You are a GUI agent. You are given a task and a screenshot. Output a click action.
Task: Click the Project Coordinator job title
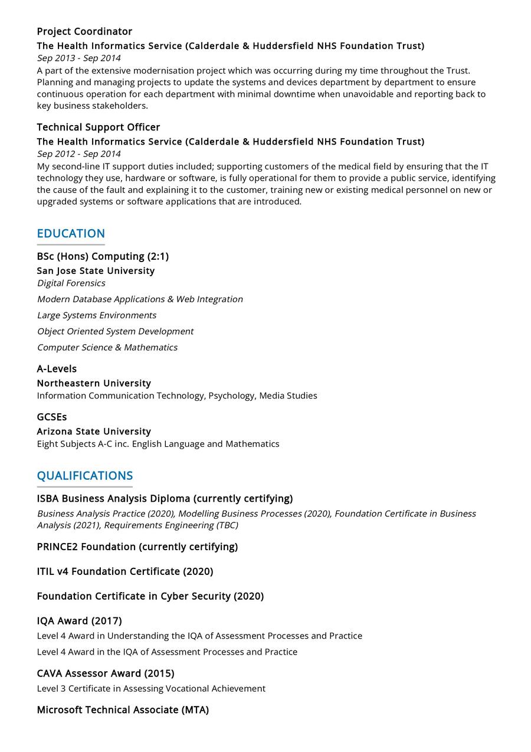point(84,31)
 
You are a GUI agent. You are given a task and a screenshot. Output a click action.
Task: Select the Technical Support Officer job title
point(98,127)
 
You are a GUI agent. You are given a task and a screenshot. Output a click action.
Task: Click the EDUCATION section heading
point(71,233)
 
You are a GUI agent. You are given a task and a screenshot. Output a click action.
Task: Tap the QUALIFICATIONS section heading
point(84,476)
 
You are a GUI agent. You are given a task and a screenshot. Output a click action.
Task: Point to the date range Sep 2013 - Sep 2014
point(78,58)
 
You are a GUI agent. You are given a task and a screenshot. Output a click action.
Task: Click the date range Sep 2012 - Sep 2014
point(78,153)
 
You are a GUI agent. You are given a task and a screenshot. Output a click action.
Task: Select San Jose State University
point(96,270)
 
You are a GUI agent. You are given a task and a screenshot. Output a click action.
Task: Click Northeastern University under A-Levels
point(94,383)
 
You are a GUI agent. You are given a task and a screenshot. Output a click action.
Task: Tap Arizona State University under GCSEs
point(94,431)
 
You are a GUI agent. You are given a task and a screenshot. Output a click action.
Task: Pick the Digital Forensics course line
point(71,283)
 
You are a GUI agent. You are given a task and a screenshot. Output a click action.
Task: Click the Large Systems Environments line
point(97,315)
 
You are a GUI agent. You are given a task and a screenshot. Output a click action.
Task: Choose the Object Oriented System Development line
point(115,331)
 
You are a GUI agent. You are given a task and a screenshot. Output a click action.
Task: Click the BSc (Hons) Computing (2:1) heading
point(103,256)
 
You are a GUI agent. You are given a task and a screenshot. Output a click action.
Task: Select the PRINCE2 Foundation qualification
point(137,547)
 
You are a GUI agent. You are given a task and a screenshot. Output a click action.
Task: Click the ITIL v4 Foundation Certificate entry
point(125,571)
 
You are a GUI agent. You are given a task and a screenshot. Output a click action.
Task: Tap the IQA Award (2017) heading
point(79,621)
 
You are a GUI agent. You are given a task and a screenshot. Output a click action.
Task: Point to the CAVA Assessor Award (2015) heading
point(105,673)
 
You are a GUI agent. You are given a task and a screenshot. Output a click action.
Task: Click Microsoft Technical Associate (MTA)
point(123,710)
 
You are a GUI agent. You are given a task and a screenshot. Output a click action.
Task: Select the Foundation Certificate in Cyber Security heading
point(150,596)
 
